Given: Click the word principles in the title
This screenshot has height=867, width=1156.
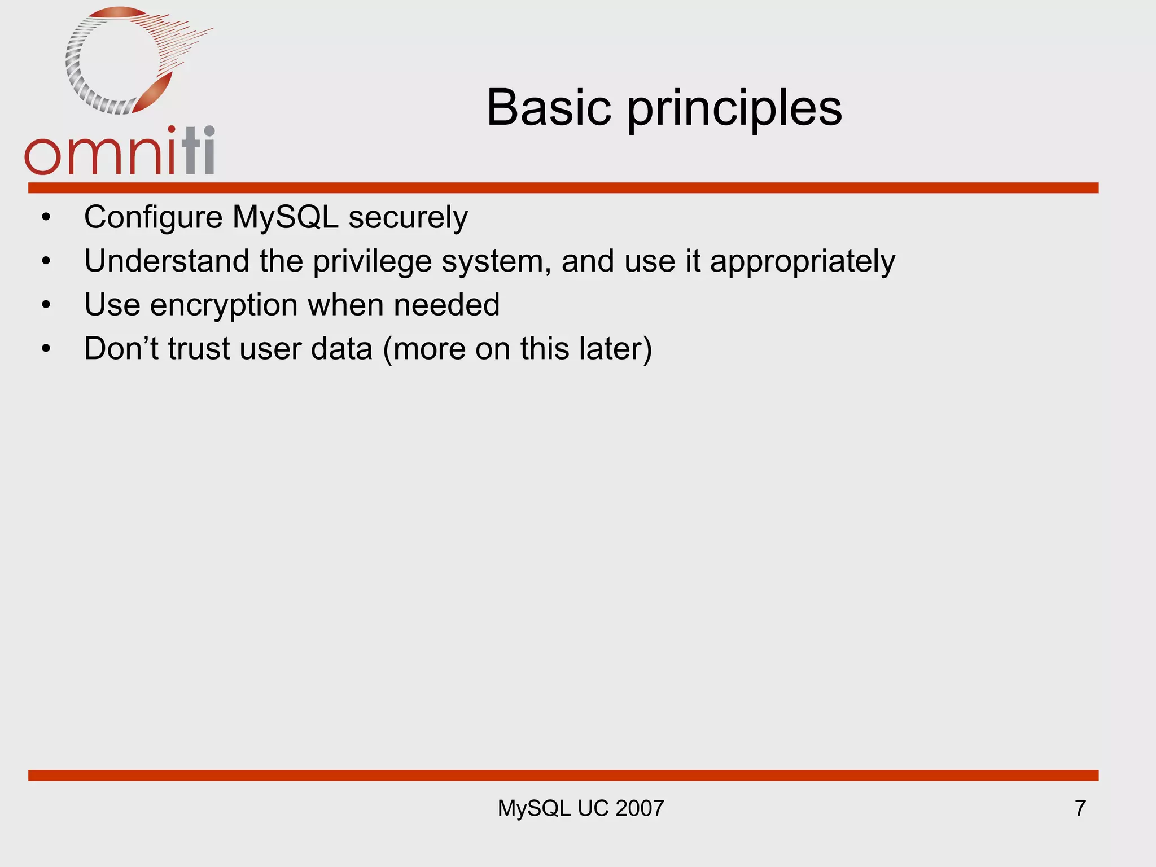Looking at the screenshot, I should (x=734, y=110).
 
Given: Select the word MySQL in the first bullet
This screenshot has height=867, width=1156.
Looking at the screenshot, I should (x=285, y=217).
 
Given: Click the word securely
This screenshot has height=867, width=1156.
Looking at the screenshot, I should (x=408, y=217).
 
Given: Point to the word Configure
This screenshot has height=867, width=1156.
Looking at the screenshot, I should (x=153, y=217).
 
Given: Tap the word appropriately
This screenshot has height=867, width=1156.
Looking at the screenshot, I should (x=802, y=261).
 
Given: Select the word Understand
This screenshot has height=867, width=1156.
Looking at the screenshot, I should (x=167, y=261).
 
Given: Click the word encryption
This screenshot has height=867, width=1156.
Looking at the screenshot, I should (x=224, y=305).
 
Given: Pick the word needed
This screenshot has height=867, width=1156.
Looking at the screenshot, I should (x=446, y=305).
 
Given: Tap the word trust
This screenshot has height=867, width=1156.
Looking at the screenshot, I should (x=199, y=348).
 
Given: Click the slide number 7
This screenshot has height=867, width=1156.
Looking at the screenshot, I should (x=1080, y=808).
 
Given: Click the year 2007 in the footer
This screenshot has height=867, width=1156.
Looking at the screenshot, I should (x=640, y=808).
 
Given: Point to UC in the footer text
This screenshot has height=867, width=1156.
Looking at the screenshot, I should (x=593, y=808).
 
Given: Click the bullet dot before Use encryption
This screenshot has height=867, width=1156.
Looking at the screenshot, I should (x=46, y=305).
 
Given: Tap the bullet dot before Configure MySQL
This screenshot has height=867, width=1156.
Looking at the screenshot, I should (x=46, y=217).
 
